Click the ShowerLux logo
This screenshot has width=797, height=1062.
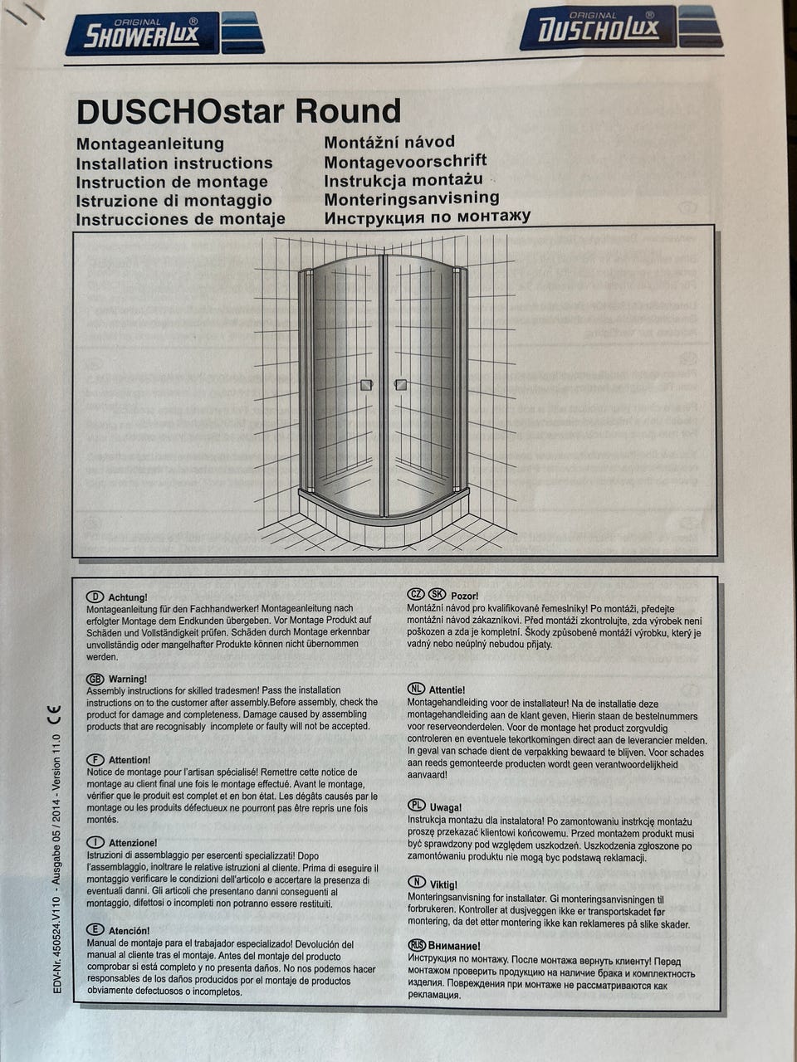164,34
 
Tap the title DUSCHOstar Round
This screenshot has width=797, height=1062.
238,111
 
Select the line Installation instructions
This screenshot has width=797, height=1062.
174,163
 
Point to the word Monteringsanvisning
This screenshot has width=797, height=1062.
412,198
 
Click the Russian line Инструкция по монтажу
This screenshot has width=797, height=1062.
427,217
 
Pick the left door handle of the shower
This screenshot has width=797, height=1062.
366,385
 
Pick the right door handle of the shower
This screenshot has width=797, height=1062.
400,385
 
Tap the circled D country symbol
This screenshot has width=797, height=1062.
95,597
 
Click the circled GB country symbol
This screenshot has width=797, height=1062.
95,679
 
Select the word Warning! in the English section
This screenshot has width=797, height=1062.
128,679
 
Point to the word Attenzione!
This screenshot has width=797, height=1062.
133,843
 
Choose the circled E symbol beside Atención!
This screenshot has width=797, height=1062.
95,930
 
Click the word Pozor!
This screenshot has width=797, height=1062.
465,596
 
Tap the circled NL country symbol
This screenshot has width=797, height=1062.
416,689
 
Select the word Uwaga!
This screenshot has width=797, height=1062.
446,806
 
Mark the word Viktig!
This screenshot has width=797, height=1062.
443,884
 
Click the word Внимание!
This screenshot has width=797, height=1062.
454,946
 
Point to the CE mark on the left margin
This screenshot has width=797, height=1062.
55,713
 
